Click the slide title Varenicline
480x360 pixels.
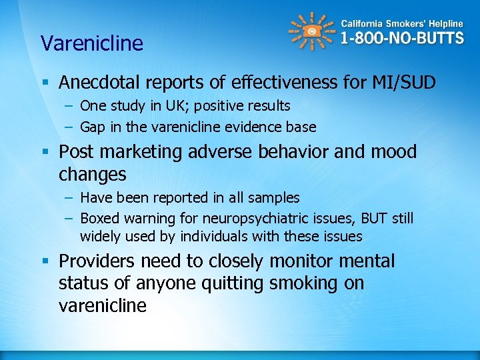coord(92,43)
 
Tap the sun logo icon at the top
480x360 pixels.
coord(311,31)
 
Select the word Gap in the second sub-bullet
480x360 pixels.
coord(92,127)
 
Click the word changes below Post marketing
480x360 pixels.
coord(92,175)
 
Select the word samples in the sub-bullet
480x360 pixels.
coord(276,198)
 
